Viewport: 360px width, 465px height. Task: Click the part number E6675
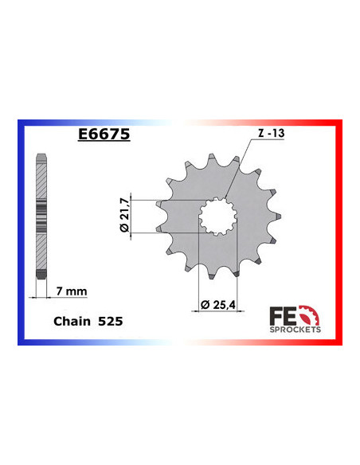pos(104,134)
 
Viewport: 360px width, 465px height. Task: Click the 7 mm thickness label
pos(66,290)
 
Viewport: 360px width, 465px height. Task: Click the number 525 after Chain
pos(110,322)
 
